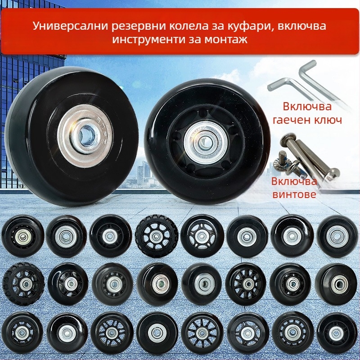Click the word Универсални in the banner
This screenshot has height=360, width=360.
[71, 26]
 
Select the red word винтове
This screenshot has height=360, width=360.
[294, 194]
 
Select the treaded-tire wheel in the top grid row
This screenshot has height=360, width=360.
[157, 236]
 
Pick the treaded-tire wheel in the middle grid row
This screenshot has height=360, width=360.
[24, 284]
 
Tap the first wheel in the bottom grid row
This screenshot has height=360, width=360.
[23, 333]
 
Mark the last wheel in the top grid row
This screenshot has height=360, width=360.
[337, 236]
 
